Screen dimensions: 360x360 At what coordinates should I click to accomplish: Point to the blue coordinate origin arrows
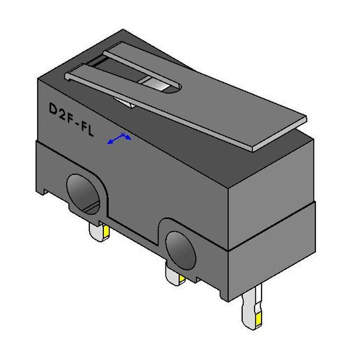[x=119, y=138]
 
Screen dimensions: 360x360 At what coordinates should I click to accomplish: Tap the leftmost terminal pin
[x=98, y=230]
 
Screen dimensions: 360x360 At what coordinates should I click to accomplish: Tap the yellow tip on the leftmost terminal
[x=103, y=228]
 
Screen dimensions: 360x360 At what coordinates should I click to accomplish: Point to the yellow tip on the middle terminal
[x=181, y=278]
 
